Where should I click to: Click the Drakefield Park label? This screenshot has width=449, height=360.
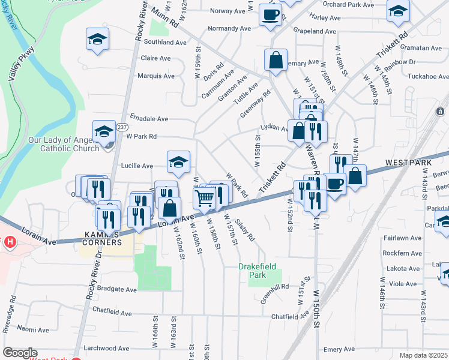(260, 270)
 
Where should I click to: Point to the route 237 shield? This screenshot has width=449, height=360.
(122, 127)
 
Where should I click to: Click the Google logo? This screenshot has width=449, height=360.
(20, 353)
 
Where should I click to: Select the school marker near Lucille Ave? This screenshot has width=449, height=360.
(178, 162)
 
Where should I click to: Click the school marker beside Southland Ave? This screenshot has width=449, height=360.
(97, 40)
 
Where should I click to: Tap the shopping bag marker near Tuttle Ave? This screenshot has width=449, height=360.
(276, 60)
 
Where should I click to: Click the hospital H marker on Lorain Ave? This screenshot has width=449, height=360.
(9, 243)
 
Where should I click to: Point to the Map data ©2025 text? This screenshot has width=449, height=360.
(424, 355)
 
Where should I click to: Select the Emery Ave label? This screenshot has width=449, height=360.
(339, 349)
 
